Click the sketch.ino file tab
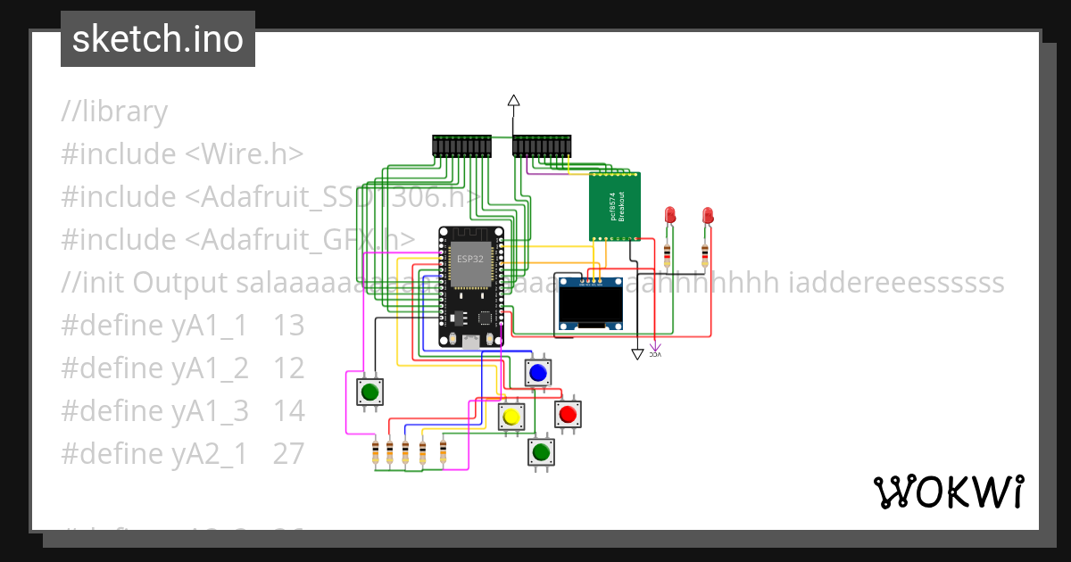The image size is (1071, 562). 158,39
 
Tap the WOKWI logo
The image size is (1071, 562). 948,492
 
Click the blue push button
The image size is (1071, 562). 537,372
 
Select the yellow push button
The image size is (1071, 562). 511,417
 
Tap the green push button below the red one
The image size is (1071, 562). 540,452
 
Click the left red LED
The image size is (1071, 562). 670,215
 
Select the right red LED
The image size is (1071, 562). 707,215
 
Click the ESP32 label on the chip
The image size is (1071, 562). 469,259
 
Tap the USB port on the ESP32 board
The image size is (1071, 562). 469,340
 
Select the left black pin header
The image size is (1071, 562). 461,146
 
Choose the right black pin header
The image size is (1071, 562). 542,146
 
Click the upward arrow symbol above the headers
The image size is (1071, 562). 513,101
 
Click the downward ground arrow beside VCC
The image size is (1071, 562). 637,354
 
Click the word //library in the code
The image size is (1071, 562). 114,112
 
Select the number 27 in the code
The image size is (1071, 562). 289,454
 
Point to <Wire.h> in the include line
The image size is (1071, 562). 244,154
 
